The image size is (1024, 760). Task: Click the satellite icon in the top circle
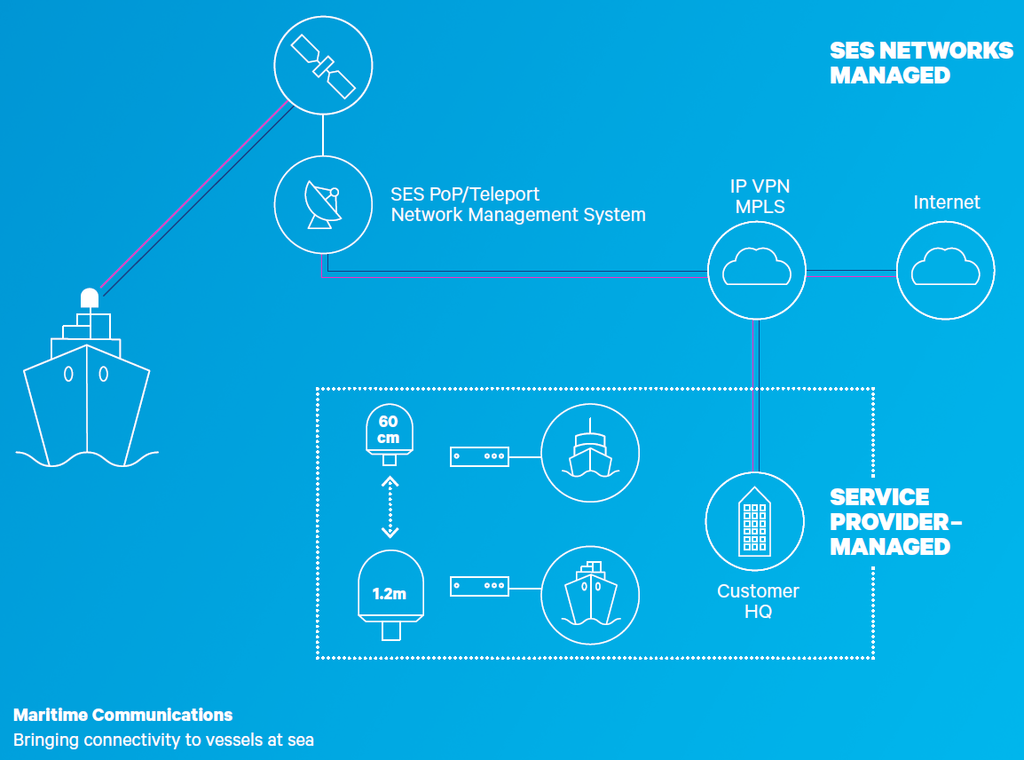(323, 66)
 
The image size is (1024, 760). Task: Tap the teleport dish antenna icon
(323, 204)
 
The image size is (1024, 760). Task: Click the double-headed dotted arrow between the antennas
(390, 507)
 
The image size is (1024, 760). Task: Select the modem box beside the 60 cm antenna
(479, 456)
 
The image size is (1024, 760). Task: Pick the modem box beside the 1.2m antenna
(479, 586)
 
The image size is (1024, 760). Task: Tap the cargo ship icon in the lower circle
(590, 594)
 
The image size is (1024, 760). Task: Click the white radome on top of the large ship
(90, 298)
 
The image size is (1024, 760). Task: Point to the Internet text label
(946, 202)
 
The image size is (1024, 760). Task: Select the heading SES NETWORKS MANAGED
(921, 63)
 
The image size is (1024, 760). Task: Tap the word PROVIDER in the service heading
(889, 522)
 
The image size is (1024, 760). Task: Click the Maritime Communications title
(122, 715)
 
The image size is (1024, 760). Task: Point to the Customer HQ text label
(758, 601)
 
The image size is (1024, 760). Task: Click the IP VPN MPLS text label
(760, 196)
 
